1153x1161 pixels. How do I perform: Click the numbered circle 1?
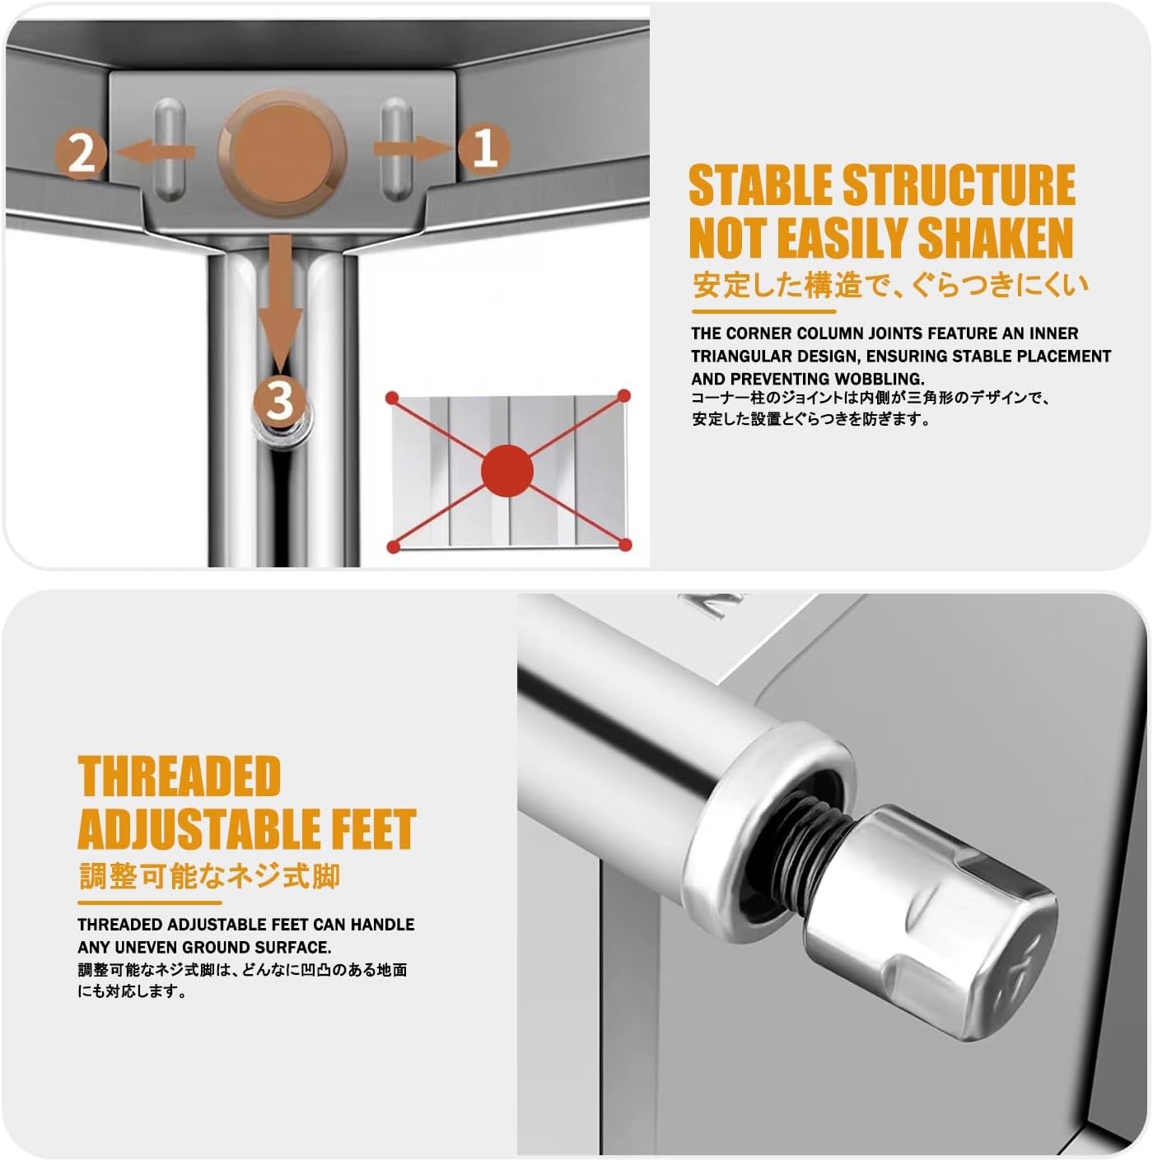484,149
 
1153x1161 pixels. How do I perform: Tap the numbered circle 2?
82,154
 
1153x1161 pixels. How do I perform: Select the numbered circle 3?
279,400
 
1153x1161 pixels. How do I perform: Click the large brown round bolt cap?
282,152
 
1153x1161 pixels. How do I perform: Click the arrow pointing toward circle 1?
413,148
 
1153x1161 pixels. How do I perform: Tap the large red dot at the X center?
507,471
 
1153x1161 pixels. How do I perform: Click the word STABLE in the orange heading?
761,185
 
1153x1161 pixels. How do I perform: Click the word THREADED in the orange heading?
180,776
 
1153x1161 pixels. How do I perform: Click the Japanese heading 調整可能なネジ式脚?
210,876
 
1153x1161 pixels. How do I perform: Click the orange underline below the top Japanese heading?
763,311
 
